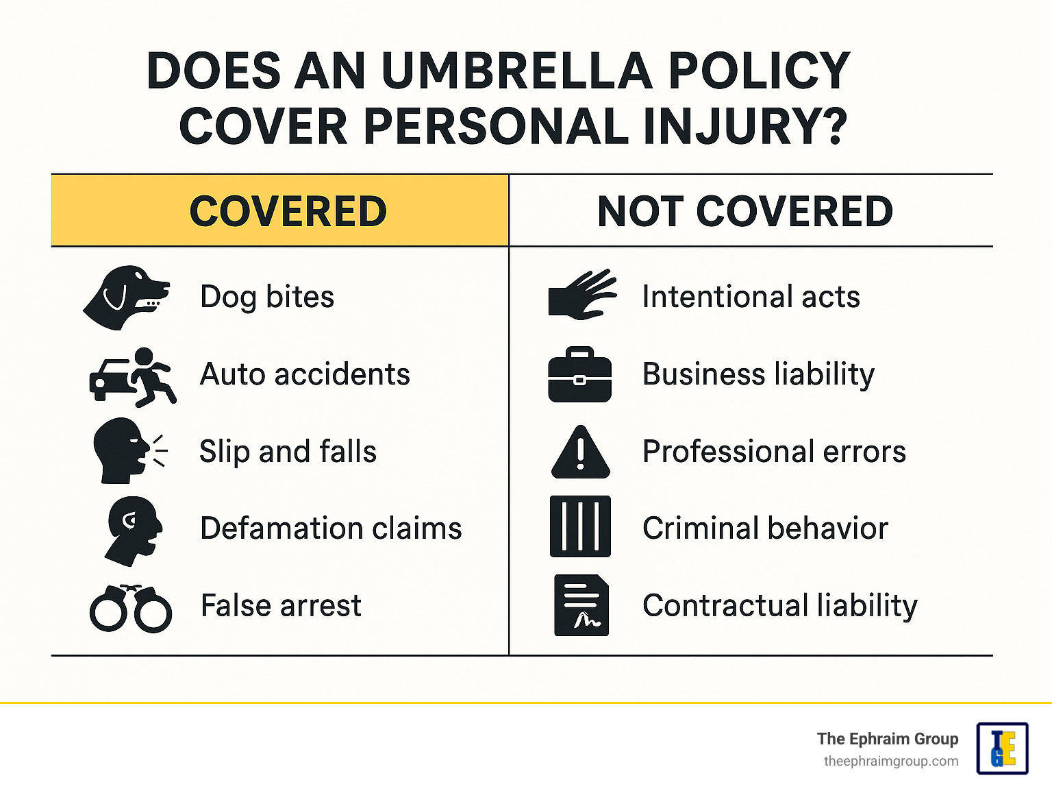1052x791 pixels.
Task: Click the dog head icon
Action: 125,297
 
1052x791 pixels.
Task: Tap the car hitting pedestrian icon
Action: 133,376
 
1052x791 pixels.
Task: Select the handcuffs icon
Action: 131,608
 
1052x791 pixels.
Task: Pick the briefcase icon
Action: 579,375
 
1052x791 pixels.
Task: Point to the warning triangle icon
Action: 580,452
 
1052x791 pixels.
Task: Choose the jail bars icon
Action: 580,526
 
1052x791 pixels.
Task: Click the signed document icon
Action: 581,605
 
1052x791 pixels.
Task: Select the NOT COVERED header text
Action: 745,211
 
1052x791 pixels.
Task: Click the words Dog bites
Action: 267,297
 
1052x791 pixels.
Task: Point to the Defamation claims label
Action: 331,528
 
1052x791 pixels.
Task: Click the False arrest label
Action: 281,606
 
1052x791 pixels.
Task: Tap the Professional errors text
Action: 774,452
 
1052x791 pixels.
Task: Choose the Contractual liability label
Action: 779,606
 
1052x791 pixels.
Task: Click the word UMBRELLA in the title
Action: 517,71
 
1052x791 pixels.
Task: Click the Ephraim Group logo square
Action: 1002,749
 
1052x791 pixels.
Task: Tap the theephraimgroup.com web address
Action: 890,762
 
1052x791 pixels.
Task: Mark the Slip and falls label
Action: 288,452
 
